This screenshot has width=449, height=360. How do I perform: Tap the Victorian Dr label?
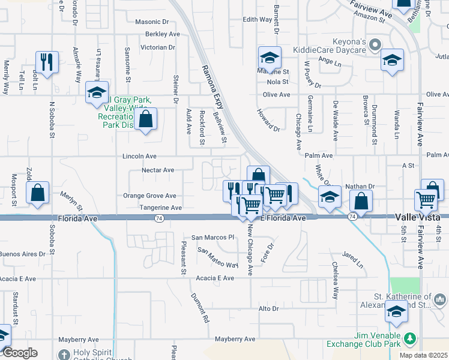coord(157,47)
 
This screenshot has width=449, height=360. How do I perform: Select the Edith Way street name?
coord(257,19)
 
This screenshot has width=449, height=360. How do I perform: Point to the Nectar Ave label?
coord(157,170)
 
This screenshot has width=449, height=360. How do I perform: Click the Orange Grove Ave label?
coord(149,196)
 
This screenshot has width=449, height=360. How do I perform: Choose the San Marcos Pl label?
coord(212,237)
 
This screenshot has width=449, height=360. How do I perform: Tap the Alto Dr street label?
coord(268,308)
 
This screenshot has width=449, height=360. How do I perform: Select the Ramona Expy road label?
coord(212,87)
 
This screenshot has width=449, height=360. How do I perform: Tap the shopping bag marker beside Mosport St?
coord(37,193)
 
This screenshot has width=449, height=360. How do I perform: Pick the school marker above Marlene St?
coord(270,58)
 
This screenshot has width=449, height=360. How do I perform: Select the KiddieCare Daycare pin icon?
coord(376,44)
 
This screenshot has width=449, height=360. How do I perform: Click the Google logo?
coord(19,353)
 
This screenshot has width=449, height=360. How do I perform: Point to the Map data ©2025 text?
coord(423,355)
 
